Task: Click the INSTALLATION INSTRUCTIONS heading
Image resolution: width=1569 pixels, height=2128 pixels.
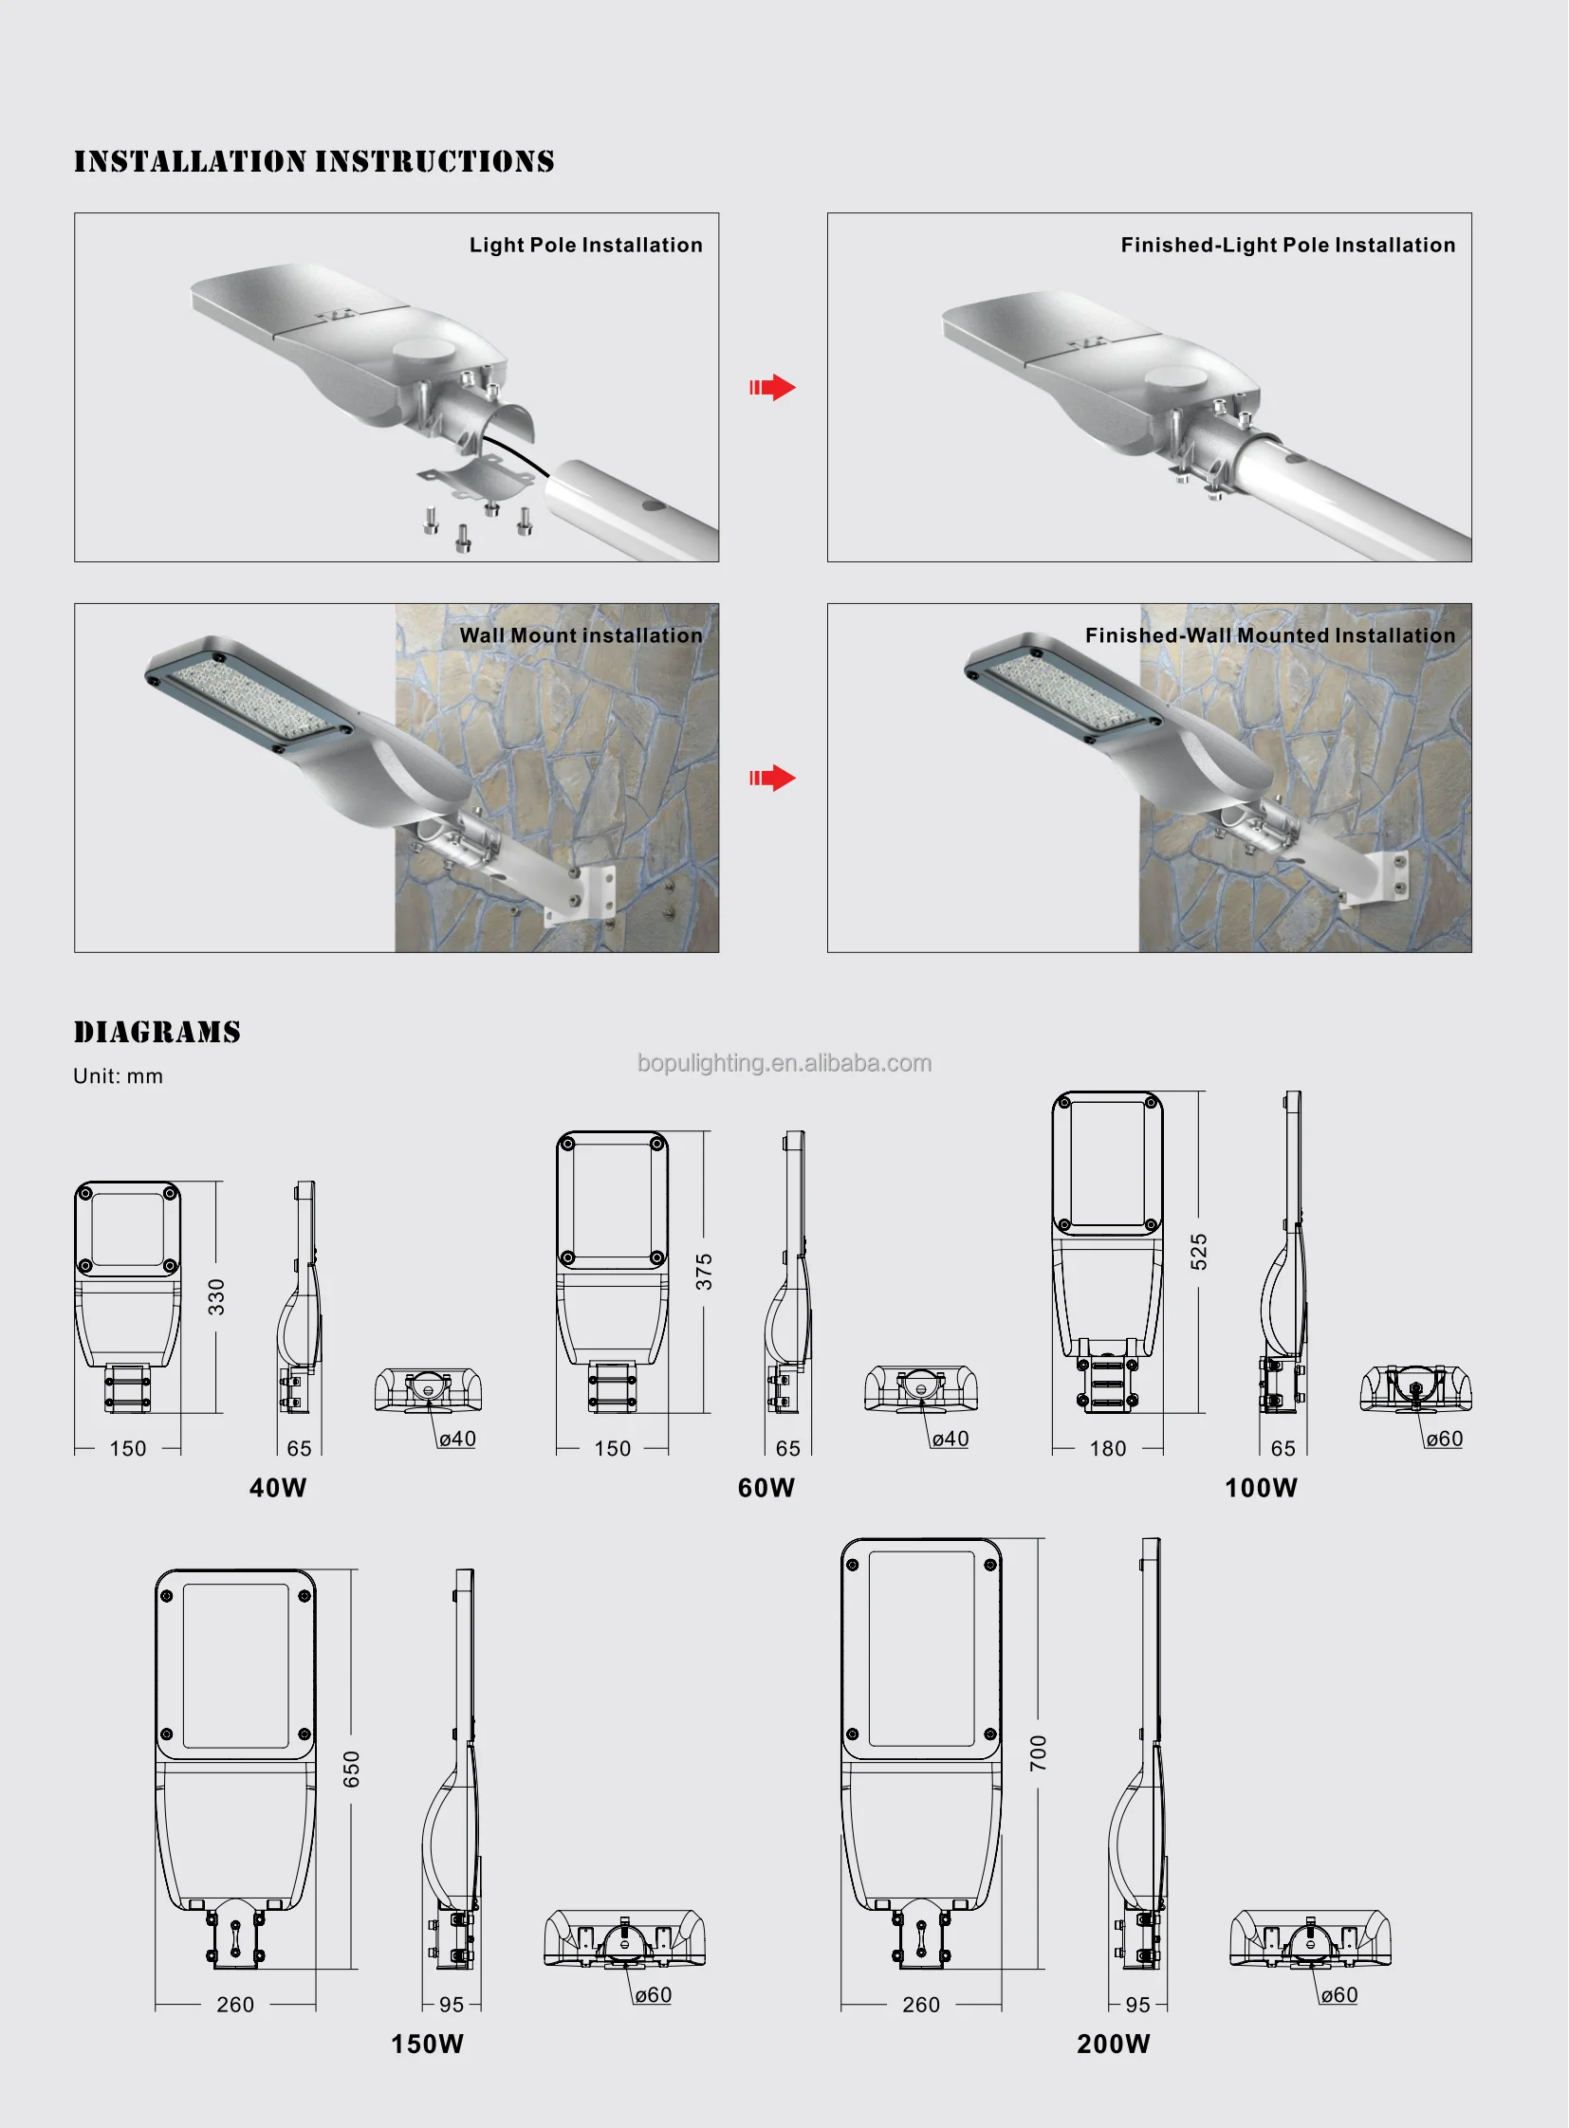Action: click(314, 161)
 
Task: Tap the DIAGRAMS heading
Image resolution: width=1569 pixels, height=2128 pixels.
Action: click(157, 1032)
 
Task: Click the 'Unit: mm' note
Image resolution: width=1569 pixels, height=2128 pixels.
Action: click(119, 1076)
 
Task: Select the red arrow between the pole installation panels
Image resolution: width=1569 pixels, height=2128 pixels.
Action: click(772, 388)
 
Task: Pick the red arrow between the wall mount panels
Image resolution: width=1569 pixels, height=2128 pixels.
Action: click(772, 779)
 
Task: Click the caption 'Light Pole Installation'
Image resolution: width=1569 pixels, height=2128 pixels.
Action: click(586, 245)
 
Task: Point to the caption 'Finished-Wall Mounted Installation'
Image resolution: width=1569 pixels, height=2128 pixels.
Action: click(1270, 635)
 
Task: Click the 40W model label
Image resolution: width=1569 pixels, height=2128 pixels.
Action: click(278, 1488)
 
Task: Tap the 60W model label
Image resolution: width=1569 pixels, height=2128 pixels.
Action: click(766, 1488)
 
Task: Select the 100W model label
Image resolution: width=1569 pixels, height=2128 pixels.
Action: click(1261, 1488)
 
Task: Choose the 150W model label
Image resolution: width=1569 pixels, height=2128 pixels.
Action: click(428, 2045)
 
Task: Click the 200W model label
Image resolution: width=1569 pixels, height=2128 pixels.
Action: click(1113, 2045)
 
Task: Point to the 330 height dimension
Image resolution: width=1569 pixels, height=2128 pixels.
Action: click(216, 1297)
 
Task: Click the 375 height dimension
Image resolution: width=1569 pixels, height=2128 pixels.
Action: click(704, 1272)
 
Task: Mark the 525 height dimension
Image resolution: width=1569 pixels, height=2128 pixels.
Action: click(1199, 1253)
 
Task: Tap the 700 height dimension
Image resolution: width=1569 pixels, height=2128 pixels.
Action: click(1038, 1752)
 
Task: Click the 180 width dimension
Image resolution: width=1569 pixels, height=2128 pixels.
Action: click(1107, 1448)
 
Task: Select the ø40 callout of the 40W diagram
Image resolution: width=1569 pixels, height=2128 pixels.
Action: click(458, 1439)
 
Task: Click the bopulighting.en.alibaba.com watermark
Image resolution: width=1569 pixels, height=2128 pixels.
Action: click(784, 1062)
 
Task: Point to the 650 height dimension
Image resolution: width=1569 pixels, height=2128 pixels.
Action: click(351, 1769)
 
